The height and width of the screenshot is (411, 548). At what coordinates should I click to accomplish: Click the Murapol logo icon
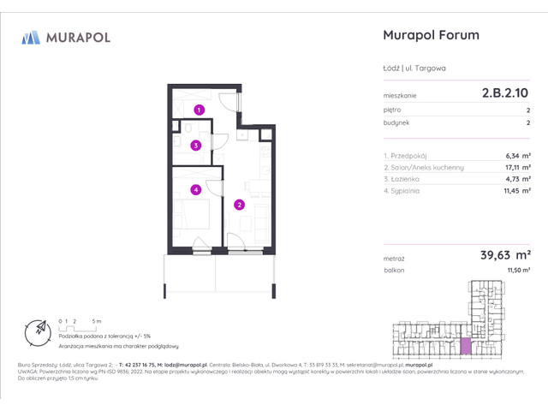(31, 37)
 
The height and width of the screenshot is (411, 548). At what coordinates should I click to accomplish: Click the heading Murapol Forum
(428, 35)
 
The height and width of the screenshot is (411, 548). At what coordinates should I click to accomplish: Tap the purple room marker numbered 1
(198, 110)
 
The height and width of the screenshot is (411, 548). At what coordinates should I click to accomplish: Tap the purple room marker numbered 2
(240, 205)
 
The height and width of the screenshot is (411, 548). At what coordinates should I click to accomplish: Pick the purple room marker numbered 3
(196, 146)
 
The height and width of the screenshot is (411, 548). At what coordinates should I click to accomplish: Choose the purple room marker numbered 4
(196, 190)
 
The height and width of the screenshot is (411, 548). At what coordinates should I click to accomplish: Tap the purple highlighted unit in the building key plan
(466, 346)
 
